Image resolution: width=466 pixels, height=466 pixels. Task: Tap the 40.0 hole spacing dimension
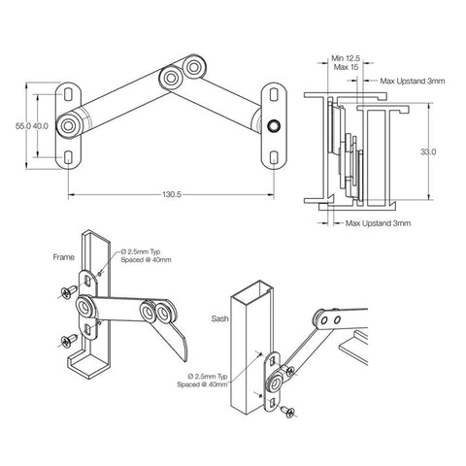point(41,126)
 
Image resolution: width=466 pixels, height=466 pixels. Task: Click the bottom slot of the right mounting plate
point(277,156)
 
